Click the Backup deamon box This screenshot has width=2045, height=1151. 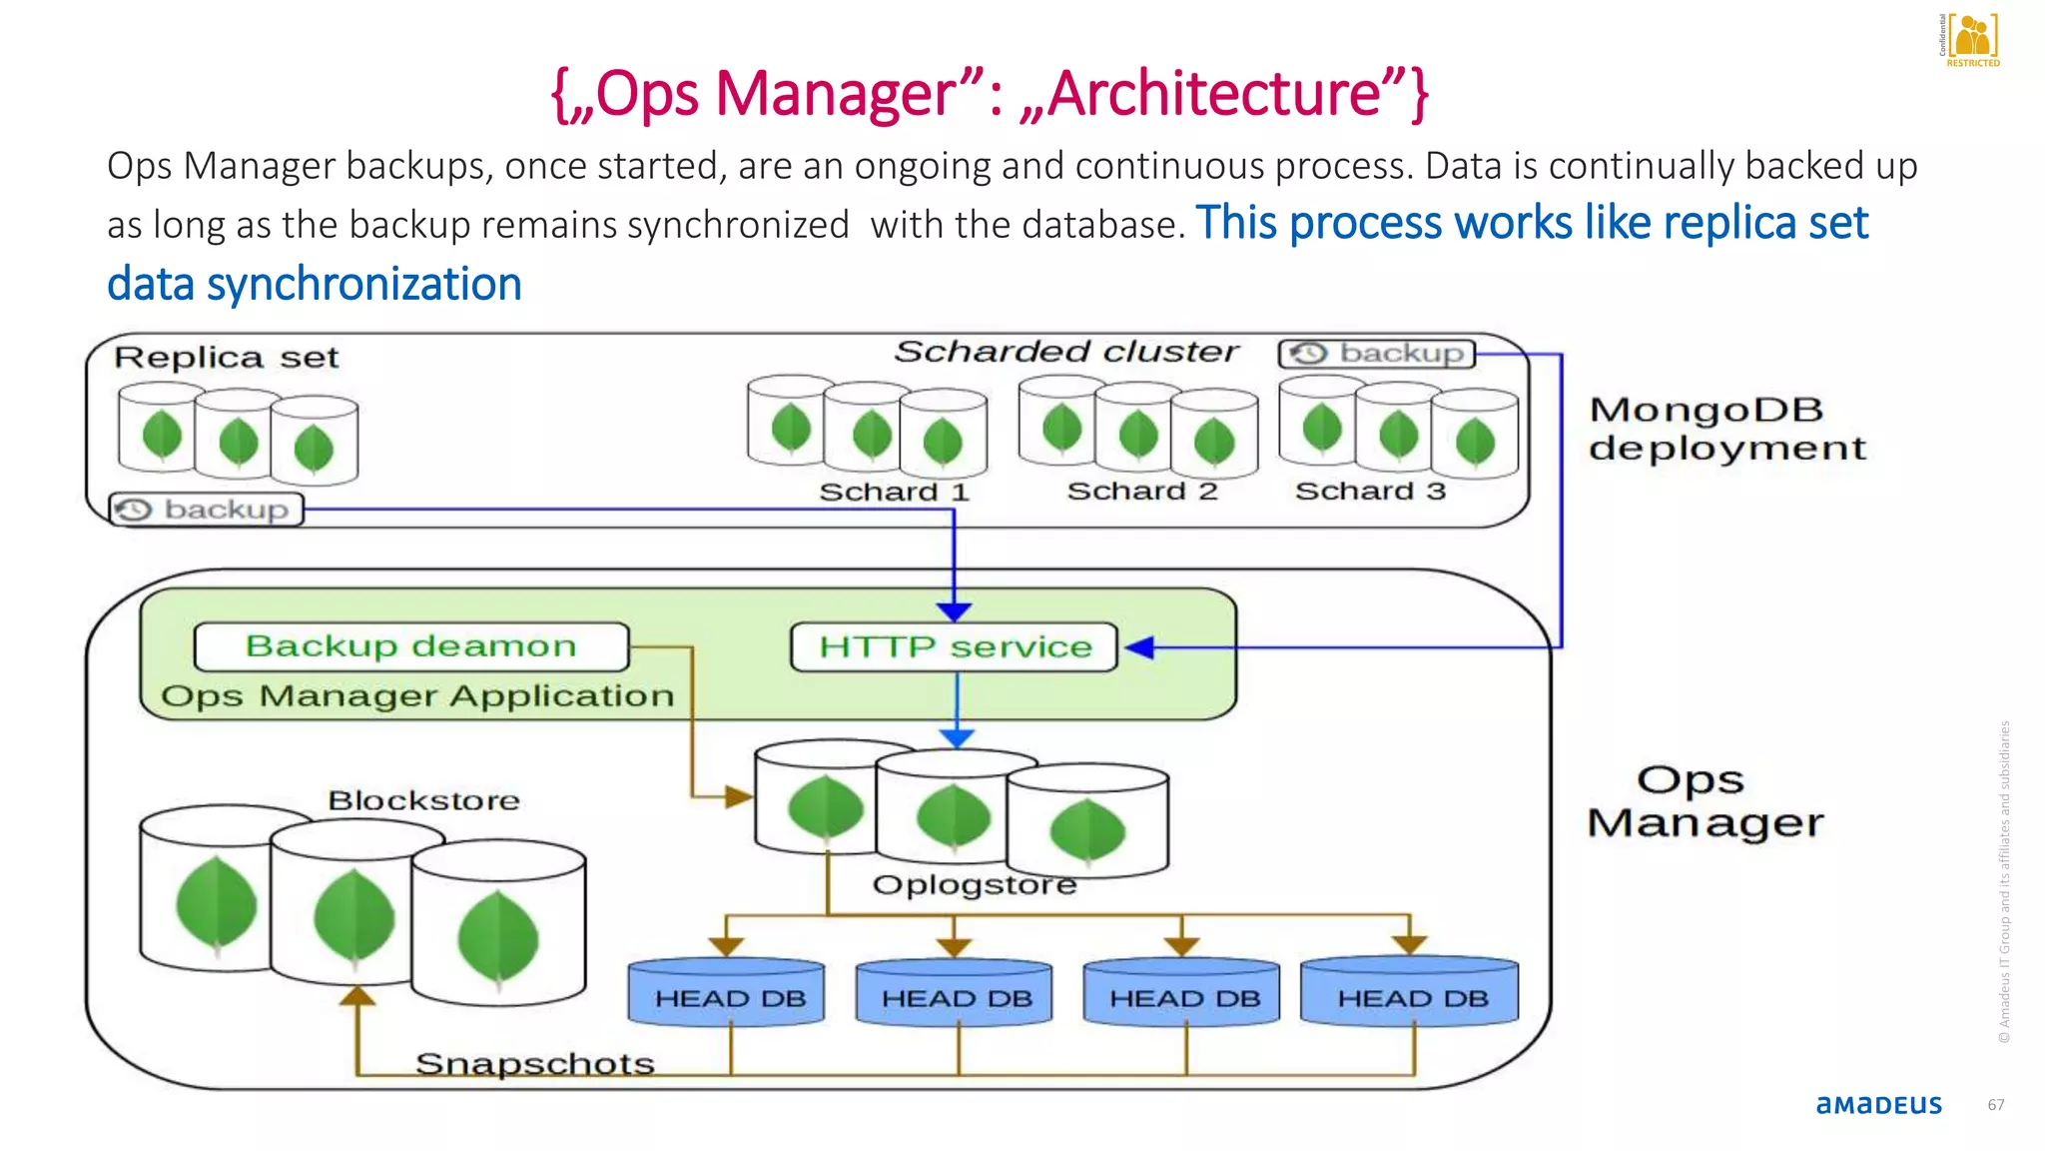pos(411,646)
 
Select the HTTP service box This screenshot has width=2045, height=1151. pos(954,647)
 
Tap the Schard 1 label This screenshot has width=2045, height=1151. pos(894,492)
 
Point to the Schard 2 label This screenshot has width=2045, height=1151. pos(1142,491)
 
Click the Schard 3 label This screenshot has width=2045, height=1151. pos(1370,491)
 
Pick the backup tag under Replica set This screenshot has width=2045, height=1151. pos(207,510)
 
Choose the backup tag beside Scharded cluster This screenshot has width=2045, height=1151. pos(1377,354)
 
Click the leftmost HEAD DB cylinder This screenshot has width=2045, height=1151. pos(727,995)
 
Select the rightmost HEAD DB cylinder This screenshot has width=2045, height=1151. pos(1410,995)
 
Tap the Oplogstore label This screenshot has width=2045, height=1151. pos(975,884)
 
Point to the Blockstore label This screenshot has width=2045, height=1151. pos(423,800)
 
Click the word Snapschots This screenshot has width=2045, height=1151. pos(534,1063)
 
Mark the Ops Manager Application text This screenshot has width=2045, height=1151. pos(417,695)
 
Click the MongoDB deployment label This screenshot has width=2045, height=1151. pos(1726,429)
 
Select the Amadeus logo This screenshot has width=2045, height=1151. pos(1878,1105)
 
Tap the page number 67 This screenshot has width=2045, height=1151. pos(1995,1105)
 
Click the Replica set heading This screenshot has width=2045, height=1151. pos(227,358)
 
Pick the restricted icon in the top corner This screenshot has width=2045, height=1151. pos(1971,40)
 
